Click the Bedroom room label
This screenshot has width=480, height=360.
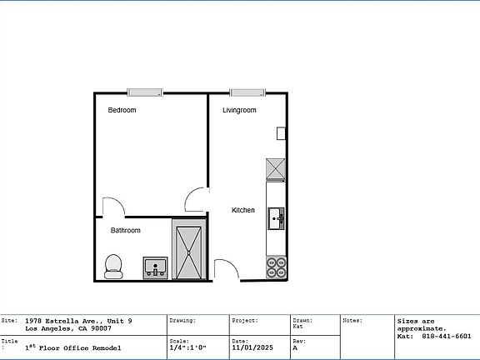coord(122,110)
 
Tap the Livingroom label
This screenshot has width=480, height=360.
coord(239,110)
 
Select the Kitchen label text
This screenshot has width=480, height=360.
coord(243,210)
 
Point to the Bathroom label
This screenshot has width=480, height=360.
coord(126,230)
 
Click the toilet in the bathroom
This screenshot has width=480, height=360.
coord(113,266)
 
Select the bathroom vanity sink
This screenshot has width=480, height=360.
coord(155,267)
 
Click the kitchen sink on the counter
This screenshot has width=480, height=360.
coord(276,219)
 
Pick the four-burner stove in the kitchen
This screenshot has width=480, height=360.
coord(276,267)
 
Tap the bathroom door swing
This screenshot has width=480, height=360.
coord(112,207)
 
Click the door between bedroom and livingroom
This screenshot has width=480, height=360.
coord(197,199)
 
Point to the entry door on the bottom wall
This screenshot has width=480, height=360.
coord(226,270)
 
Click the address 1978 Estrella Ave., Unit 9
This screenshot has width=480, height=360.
coord(78,321)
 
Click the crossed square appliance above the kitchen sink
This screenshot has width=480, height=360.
coord(276,169)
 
